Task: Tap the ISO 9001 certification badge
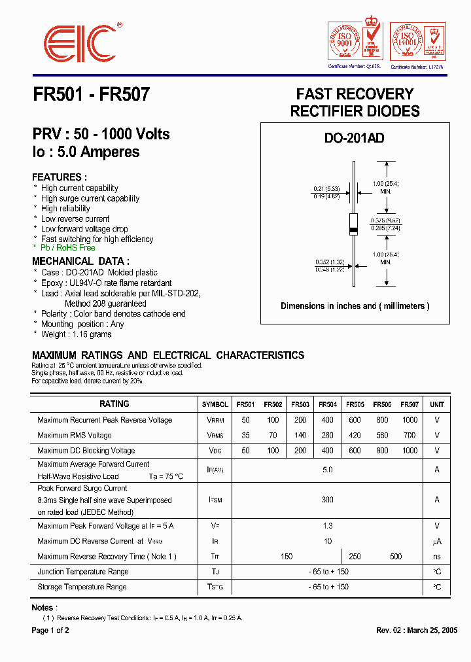[354, 42]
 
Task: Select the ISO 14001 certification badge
[417, 42]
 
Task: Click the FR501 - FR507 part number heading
[91, 95]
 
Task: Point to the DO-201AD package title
[354, 138]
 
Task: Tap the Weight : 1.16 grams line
[76, 334]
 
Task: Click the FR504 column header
[328, 404]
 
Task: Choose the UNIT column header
[437, 404]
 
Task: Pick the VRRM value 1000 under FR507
[410, 420]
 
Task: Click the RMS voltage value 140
[300, 435]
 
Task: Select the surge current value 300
[328, 500]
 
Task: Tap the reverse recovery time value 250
[355, 557]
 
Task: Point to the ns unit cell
[437, 557]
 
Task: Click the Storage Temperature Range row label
[82, 587]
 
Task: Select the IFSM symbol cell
[215, 500]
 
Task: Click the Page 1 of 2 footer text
[50, 631]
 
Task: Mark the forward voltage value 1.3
[328, 526]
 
